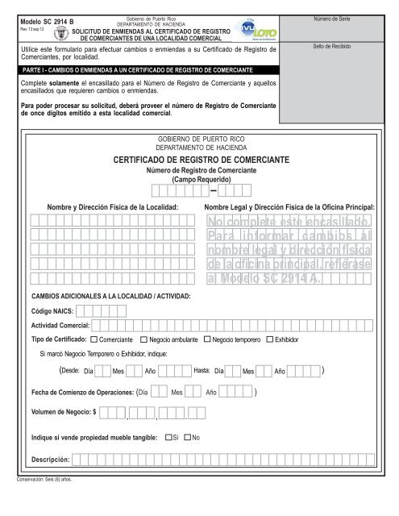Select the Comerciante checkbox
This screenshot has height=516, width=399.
pos(94,340)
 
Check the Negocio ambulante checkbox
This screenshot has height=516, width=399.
pos(143,340)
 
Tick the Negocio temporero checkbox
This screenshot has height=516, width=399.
pos(207,340)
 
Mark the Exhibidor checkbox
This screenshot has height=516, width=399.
pos(270,340)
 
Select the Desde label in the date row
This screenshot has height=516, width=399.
pos(70,370)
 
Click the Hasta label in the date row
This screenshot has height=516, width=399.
pos(202,370)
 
